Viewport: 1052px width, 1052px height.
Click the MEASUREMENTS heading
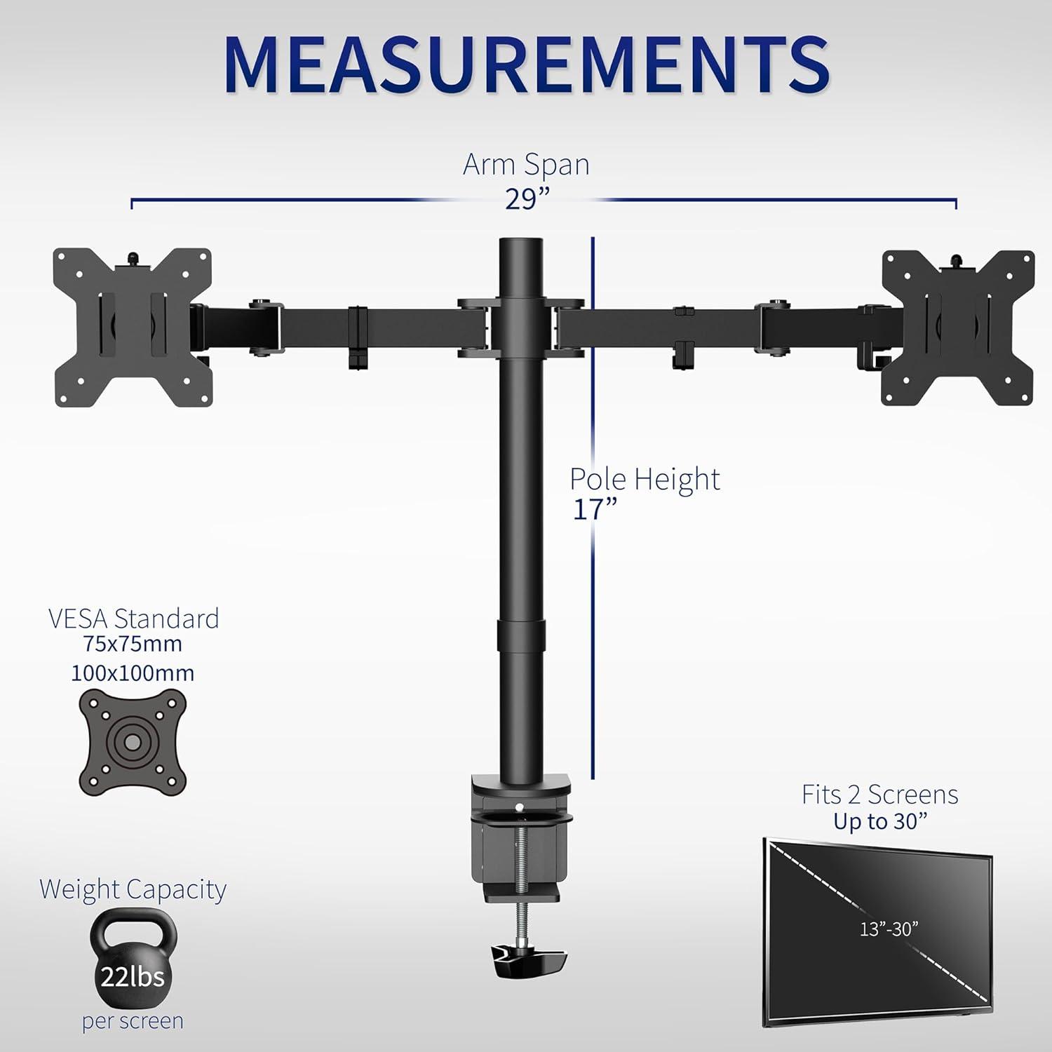[x=526, y=65]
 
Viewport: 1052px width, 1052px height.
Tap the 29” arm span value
[x=526, y=199]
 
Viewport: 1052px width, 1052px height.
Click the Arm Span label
[x=526, y=165]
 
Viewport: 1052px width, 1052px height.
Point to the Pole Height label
[x=644, y=479]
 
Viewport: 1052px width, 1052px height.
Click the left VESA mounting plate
[x=132, y=327]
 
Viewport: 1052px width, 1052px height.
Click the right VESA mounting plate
[x=957, y=328]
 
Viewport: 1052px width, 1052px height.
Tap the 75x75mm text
[x=133, y=644]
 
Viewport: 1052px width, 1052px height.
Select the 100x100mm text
[x=133, y=673]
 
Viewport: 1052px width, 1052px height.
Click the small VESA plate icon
[x=133, y=741]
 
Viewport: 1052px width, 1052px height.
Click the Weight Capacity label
[x=133, y=889]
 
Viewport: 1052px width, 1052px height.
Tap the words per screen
[x=133, y=1021]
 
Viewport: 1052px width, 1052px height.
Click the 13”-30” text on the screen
[x=889, y=929]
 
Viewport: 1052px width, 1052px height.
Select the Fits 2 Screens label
[x=879, y=795]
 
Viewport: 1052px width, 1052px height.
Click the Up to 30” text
[x=879, y=821]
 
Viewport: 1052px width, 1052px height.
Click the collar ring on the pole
[x=521, y=634]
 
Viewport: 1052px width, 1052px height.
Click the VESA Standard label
[x=133, y=619]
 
